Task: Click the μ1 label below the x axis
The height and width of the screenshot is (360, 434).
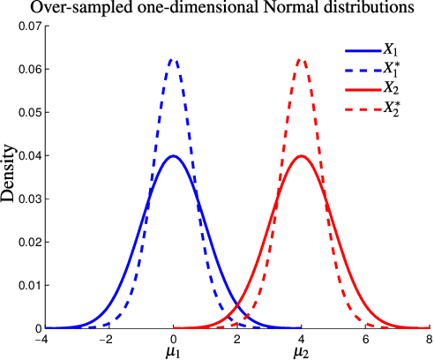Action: coord(174,350)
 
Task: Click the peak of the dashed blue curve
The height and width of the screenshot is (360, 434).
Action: coord(174,59)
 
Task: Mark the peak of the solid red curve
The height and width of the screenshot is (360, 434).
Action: coord(302,156)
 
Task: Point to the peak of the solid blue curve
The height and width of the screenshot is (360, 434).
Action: coord(174,156)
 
